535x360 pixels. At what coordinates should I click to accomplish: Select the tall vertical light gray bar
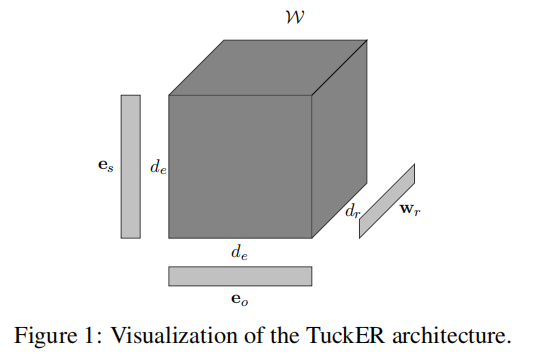[x=131, y=166]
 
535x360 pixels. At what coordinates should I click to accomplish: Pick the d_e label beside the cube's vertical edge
[x=158, y=168]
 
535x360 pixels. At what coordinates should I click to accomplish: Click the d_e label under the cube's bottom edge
[x=240, y=254]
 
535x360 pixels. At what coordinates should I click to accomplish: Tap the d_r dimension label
[x=352, y=212]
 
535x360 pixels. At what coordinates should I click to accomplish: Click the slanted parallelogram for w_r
[x=387, y=201]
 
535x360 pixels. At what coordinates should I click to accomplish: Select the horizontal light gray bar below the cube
[x=240, y=276]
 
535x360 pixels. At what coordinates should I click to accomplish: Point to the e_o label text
[x=240, y=299]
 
